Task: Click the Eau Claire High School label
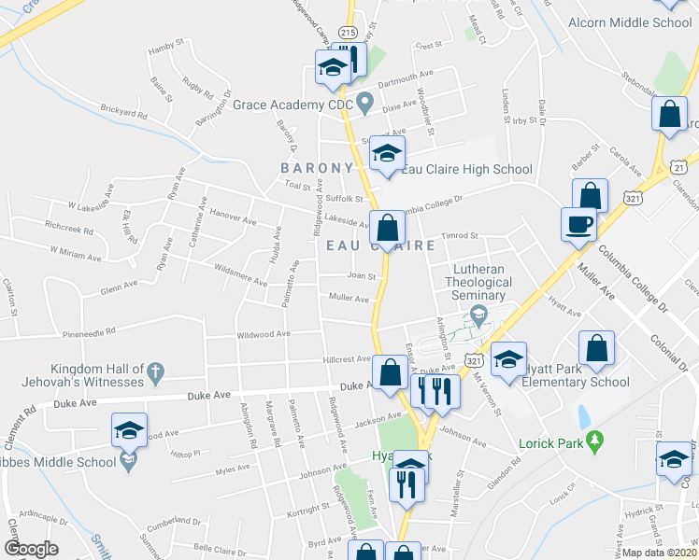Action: tap(467, 169)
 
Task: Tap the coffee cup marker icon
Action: tap(578, 225)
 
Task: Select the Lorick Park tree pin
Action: tap(593, 440)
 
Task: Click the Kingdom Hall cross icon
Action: tap(157, 374)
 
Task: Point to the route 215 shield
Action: tap(348, 33)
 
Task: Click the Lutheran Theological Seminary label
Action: tap(475, 281)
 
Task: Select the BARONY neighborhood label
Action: tap(318, 168)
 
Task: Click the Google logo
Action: tap(31, 549)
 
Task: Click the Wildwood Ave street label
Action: tap(264, 333)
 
